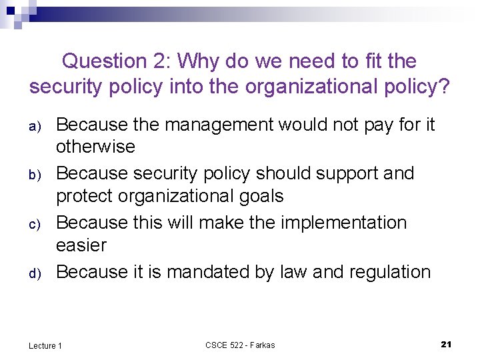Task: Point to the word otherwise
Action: click(x=95, y=147)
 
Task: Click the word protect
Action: click(x=89, y=197)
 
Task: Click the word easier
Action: click(x=81, y=245)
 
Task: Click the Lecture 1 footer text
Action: click(x=45, y=345)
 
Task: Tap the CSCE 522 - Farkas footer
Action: click(x=240, y=345)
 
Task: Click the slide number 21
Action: click(x=447, y=344)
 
